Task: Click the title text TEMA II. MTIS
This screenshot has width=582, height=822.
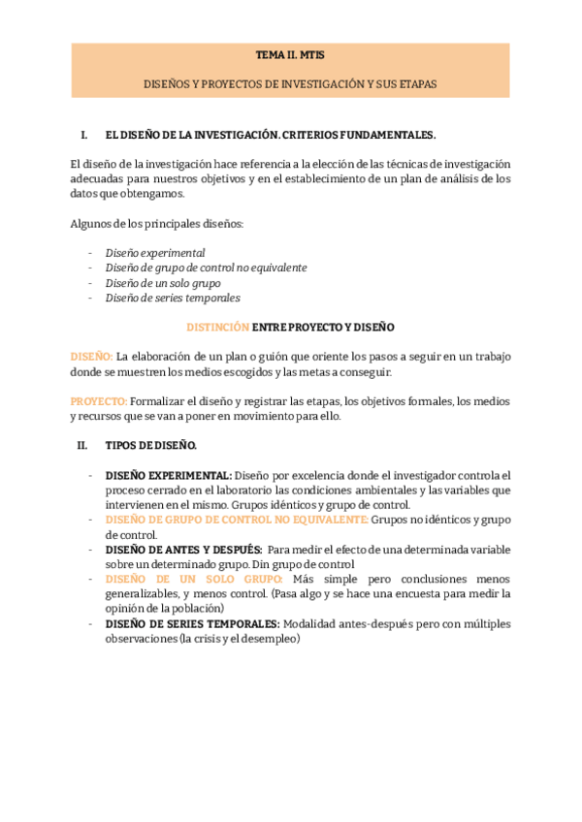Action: tap(291, 57)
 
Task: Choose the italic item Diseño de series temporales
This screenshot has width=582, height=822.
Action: tap(173, 298)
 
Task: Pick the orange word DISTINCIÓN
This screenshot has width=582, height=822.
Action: tap(217, 328)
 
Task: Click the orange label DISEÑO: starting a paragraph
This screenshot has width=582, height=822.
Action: tap(92, 357)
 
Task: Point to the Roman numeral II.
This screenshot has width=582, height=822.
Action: tap(82, 446)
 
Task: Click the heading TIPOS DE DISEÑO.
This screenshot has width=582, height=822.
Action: tap(150, 446)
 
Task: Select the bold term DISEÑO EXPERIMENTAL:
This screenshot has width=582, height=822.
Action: tap(168, 475)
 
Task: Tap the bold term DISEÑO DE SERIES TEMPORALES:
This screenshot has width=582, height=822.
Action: tap(192, 623)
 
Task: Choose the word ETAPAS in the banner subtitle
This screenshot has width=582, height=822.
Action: tap(418, 84)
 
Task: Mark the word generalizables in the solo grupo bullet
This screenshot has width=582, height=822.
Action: tap(141, 593)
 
